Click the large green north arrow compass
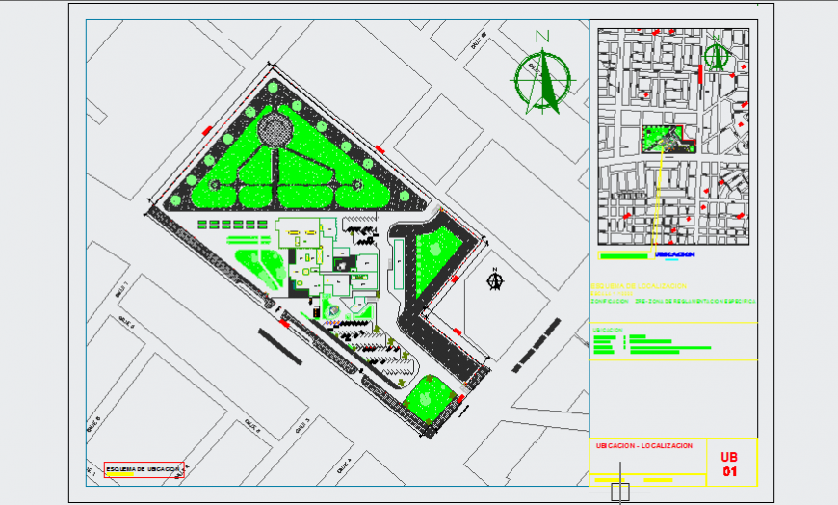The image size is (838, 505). click(x=541, y=80)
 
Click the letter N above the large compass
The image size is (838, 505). click(x=542, y=38)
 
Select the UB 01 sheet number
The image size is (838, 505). click(x=729, y=464)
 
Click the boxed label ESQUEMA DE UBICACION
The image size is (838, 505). click(x=144, y=469)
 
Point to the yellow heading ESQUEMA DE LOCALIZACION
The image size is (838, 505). click(x=638, y=286)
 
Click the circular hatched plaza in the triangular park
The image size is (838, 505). click(x=274, y=127)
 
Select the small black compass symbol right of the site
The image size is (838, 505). click(x=497, y=280)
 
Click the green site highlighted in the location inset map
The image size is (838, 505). click(x=665, y=140)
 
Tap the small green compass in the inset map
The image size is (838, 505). click(x=714, y=55)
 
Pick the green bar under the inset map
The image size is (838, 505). click(x=623, y=256)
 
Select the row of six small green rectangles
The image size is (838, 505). click(x=232, y=224)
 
